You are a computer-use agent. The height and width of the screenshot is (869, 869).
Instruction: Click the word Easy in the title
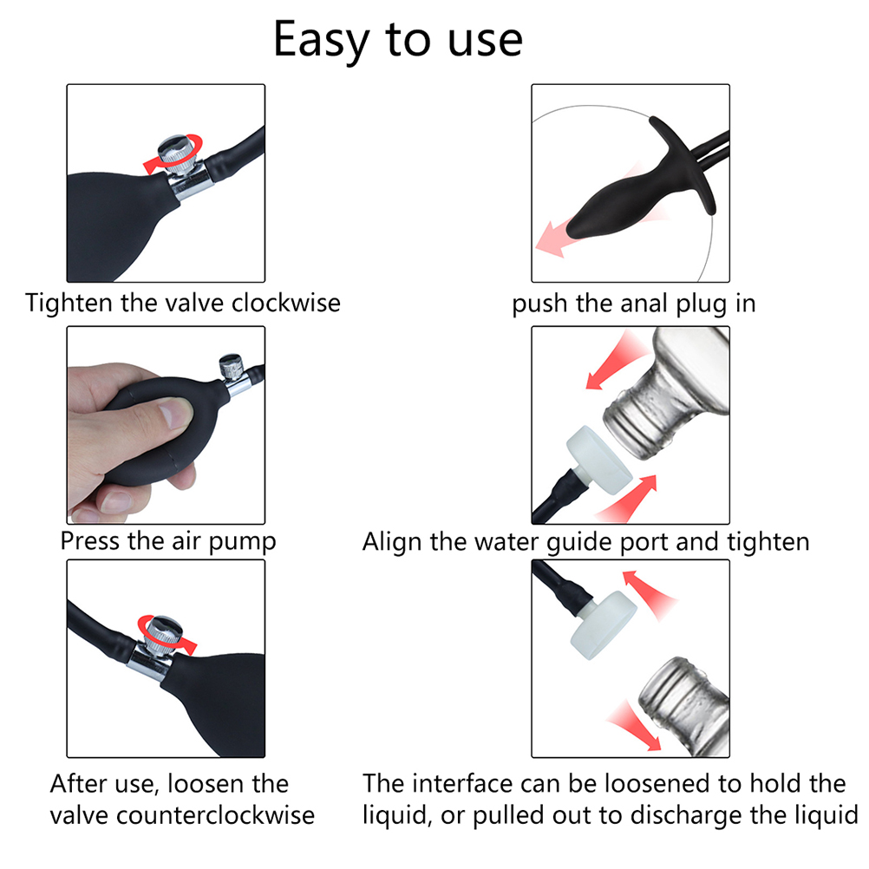[x=322, y=41]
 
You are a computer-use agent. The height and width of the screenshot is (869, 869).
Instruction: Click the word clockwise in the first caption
[x=286, y=303]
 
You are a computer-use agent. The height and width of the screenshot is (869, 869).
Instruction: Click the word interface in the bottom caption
[x=457, y=784]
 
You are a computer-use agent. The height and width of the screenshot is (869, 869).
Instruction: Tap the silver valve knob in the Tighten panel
[x=177, y=154]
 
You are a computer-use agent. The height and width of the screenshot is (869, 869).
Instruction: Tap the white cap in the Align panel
[x=599, y=460]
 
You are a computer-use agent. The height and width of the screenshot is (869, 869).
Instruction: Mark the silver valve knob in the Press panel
[x=232, y=367]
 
